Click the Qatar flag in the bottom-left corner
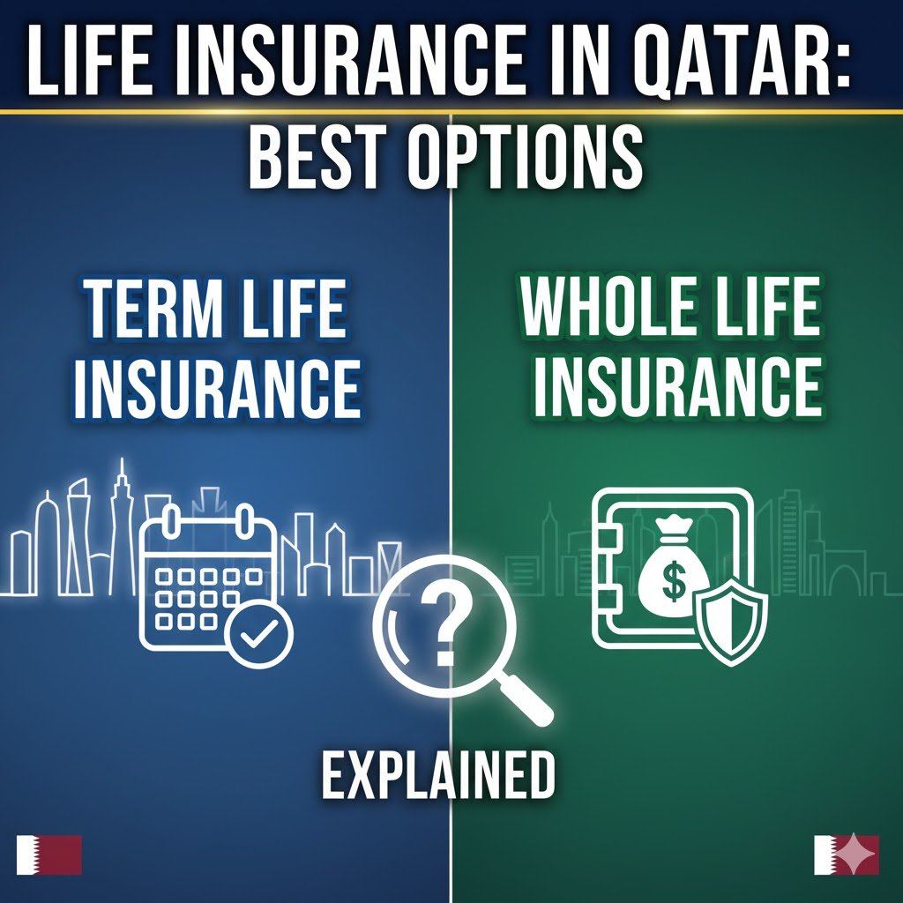pos(49,854)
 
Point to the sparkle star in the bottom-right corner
pos(854,854)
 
